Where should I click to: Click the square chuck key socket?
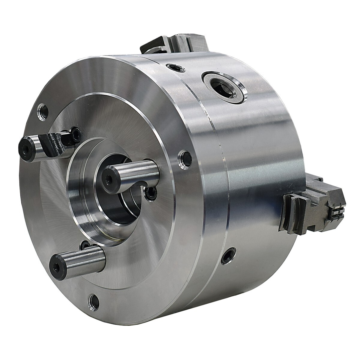coord(223,87)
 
